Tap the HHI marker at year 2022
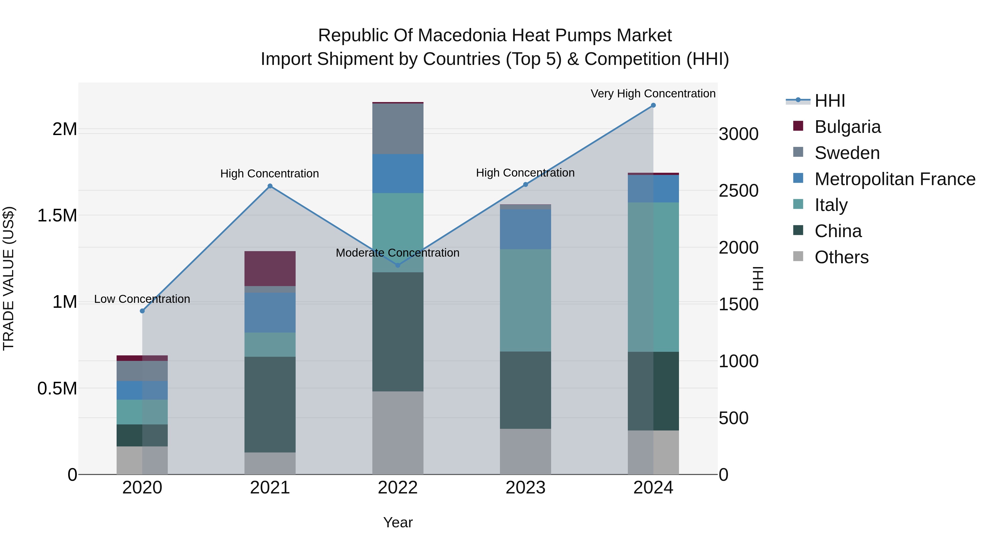pyautogui.click(x=398, y=265)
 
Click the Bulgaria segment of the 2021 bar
pyautogui.click(x=270, y=268)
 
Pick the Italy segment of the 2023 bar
pyautogui.click(x=525, y=300)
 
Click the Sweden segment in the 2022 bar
pyautogui.click(x=398, y=129)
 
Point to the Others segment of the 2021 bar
pyautogui.click(x=270, y=463)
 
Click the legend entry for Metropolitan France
pyautogui.click(x=895, y=179)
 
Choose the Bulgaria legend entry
pyautogui.click(x=848, y=127)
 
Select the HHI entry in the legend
pyautogui.click(x=829, y=101)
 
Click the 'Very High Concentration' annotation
pyautogui.click(x=653, y=94)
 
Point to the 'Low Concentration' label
pyautogui.click(x=142, y=299)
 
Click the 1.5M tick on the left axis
pyautogui.click(x=57, y=216)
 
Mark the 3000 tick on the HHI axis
pyautogui.click(x=738, y=134)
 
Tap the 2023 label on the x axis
pyautogui.click(x=525, y=488)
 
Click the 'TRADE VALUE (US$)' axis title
pyautogui.click(x=9, y=278)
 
